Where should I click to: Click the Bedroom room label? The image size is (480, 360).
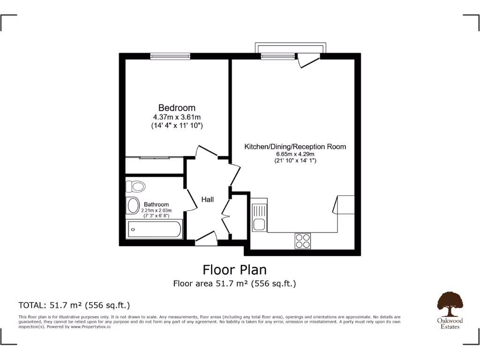tap(177, 108)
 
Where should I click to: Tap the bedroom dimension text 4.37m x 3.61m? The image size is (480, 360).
tap(177, 117)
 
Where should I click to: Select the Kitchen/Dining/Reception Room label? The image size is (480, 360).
tap(295, 147)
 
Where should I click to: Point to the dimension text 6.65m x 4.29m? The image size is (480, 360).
tap(295, 154)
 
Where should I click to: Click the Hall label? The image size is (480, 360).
tap(208, 200)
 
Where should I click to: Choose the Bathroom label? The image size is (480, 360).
tap(156, 204)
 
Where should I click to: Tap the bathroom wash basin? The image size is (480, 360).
tap(133, 205)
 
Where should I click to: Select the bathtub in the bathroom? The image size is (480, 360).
tap(155, 229)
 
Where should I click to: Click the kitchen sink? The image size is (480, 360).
tap(259, 218)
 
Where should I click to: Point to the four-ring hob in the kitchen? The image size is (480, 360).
tap(303, 240)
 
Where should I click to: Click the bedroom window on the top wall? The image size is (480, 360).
tap(170, 56)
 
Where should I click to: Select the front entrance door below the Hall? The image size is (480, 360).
tap(205, 238)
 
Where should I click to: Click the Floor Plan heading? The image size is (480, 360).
tap(234, 270)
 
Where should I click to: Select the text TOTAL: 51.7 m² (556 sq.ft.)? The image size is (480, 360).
tap(74, 305)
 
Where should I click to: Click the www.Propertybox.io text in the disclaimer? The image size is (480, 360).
tap(90, 327)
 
